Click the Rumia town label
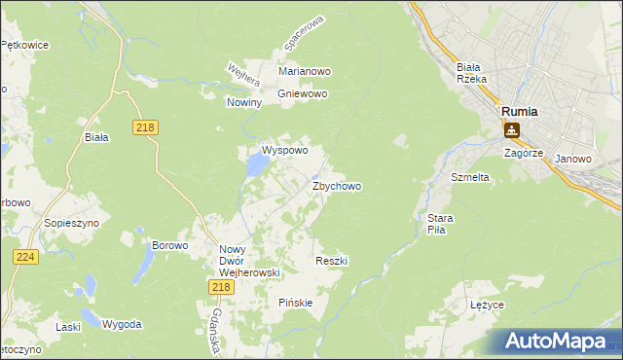tap(520, 112)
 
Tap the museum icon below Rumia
tap(511, 129)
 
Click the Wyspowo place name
tap(284, 151)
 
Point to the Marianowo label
tap(306, 72)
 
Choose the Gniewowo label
tap(303, 94)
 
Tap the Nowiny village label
tap(244, 102)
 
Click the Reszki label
tap(332, 261)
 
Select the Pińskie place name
tap(296, 303)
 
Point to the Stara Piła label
tap(434, 224)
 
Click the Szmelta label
tap(469, 178)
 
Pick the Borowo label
tap(169, 245)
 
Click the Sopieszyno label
tap(67, 223)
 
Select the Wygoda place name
tap(123, 324)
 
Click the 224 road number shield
tap(26, 256)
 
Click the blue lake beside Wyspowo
tap(256, 166)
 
